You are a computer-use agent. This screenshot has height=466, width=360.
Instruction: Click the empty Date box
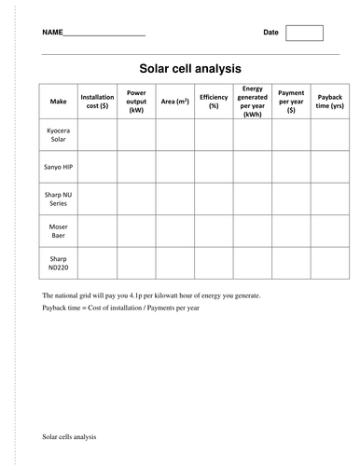coord(304,33)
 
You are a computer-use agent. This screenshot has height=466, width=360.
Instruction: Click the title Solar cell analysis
coord(190,68)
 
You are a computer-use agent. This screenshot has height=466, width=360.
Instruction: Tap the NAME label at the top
coord(52,34)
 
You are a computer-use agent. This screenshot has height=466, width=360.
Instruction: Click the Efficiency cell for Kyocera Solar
coord(214,135)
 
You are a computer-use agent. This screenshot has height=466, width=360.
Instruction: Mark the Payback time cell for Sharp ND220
coord(330,262)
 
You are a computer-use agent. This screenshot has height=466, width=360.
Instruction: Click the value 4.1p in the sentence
coord(144,295)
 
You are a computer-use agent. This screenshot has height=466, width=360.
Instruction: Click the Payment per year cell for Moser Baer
coord(291,230)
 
